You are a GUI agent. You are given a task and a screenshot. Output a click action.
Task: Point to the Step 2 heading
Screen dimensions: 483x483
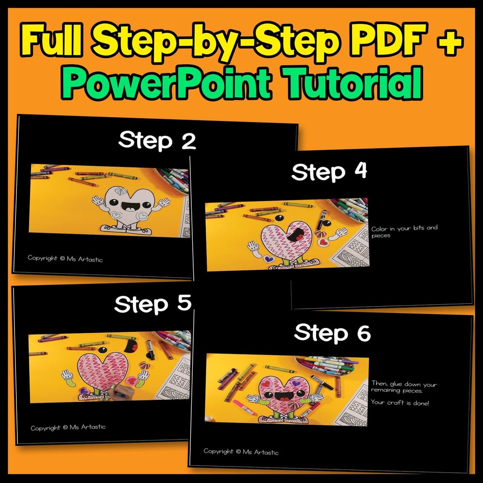pos(157,141)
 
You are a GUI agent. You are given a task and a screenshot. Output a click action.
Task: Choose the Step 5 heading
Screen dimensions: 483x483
pos(153,304)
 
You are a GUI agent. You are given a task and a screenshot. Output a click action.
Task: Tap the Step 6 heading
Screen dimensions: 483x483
pos(332,333)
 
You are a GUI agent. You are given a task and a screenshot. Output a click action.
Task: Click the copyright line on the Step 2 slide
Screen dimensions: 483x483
pos(65,258)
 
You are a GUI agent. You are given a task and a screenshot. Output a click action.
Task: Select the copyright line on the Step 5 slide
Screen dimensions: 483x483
pos(68,427)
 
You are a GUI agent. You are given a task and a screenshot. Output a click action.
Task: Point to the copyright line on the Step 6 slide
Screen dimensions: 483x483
pos(241,452)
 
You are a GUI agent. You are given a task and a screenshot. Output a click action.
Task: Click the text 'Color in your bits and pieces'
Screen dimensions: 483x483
pos(404,231)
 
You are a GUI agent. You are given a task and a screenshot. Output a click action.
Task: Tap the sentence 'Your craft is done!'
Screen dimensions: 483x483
pos(400,402)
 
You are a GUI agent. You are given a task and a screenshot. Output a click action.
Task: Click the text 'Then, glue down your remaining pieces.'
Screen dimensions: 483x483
pos(404,387)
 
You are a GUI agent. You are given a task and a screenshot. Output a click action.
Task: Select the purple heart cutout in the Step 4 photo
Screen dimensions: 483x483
pos(269,258)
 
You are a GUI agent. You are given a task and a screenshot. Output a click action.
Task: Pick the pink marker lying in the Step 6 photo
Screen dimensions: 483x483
pos(243,407)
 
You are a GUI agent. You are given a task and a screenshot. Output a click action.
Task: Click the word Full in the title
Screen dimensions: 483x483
pos(51,40)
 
